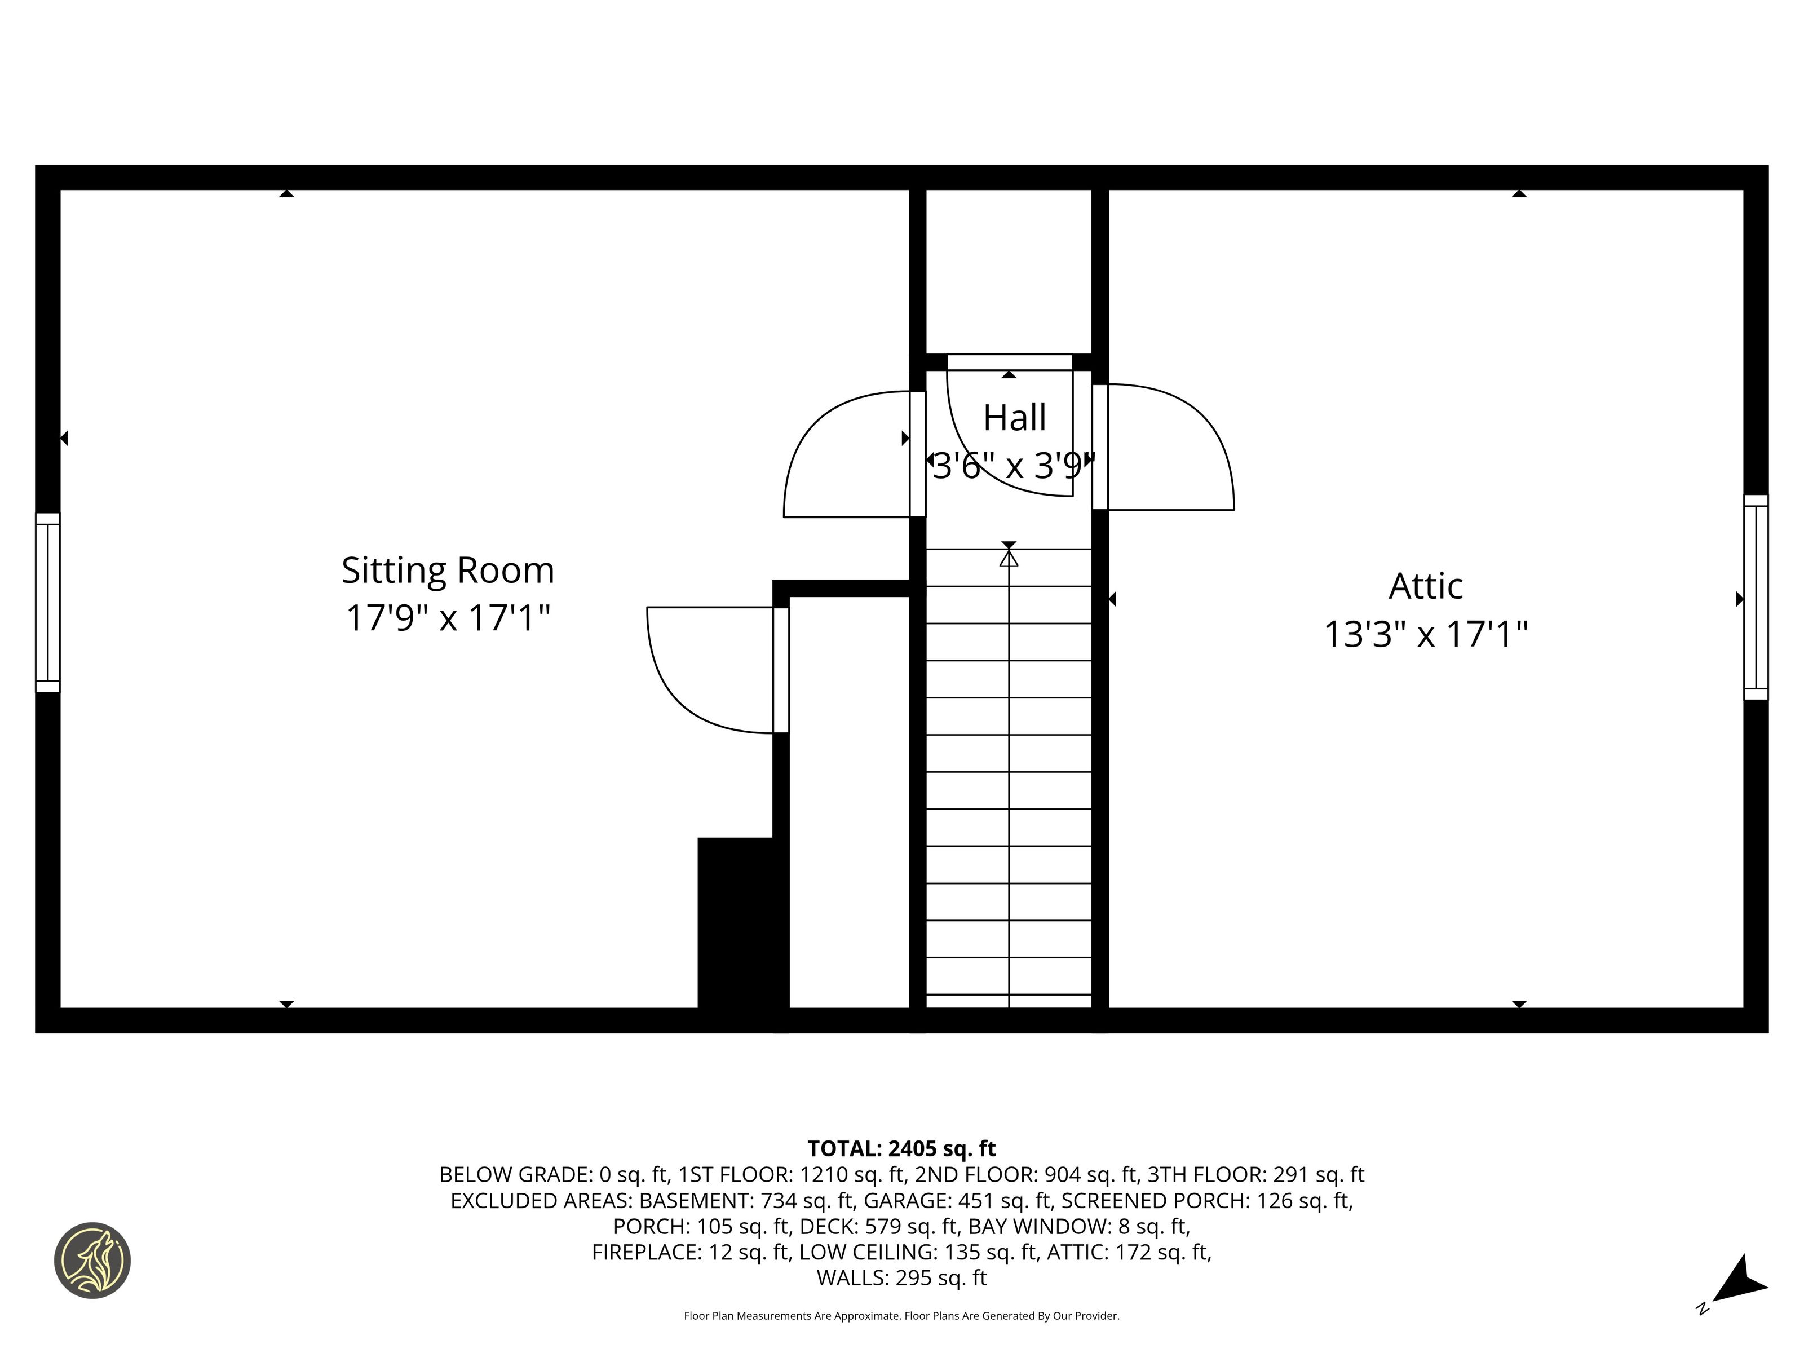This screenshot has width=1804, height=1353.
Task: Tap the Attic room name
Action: pos(1426,586)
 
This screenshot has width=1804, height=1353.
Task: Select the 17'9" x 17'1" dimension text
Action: pos(448,617)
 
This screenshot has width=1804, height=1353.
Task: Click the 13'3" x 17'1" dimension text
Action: pos(1426,634)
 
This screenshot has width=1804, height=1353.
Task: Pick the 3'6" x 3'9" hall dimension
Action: pos(1012,466)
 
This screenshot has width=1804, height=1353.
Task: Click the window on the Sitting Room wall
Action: pos(47,603)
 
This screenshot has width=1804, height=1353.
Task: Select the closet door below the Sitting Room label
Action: pos(718,670)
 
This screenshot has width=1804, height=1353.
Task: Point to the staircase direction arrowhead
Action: pos(1009,558)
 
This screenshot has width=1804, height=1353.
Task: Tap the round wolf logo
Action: pos(92,1260)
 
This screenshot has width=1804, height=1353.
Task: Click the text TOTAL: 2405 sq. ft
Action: pos(901,1148)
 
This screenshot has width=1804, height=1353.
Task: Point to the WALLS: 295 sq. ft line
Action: pos(901,1278)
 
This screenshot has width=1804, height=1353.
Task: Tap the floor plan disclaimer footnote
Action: pos(901,1315)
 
